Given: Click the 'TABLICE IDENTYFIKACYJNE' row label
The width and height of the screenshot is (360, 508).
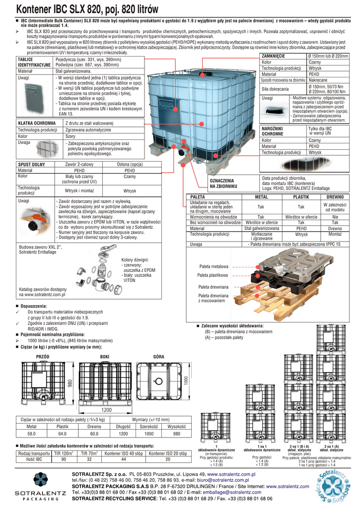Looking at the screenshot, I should tap(34, 62).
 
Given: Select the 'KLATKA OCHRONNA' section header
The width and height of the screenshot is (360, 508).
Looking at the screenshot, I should tap(37, 123).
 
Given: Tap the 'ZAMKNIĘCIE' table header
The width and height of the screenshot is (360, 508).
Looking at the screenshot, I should tap(273, 57).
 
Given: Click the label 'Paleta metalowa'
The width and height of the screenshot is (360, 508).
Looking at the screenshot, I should tap(214, 266).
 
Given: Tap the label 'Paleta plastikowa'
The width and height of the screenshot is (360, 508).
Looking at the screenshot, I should tap(213, 275).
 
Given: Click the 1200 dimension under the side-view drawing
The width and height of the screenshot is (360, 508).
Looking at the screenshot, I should tap(107, 410).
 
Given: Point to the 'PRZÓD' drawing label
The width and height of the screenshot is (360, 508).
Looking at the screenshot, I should tap(43, 357).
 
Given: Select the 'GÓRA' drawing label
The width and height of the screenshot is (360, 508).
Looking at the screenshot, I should tap(159, 357).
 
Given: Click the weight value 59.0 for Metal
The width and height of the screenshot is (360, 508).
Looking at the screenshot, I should tap(31, 434).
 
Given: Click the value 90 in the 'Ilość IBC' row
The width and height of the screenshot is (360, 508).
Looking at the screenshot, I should tap(64, 459).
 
